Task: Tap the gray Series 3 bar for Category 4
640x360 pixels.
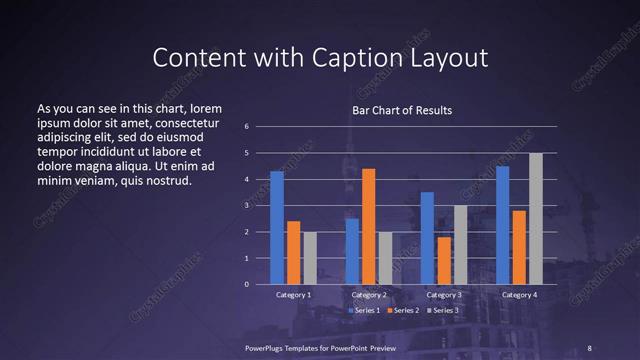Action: click(x=536, y=219)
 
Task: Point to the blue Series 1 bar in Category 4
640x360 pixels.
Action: click(x=503, y=225)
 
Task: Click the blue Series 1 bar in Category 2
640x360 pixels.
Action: click(x=352, y=251)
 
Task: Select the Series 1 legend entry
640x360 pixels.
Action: click(x=365, y=311)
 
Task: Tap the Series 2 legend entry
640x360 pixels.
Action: click(x=403, y=311)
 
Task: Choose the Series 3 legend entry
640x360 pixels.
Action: click(x=443, y=311)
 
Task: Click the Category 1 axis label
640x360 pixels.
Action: click(x=293, y=295)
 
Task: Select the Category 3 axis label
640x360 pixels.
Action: click(x=444, y=295)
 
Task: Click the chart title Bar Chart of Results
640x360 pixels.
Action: click(x=402, y=110)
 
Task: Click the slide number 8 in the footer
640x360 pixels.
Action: click(x=589, y=347)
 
